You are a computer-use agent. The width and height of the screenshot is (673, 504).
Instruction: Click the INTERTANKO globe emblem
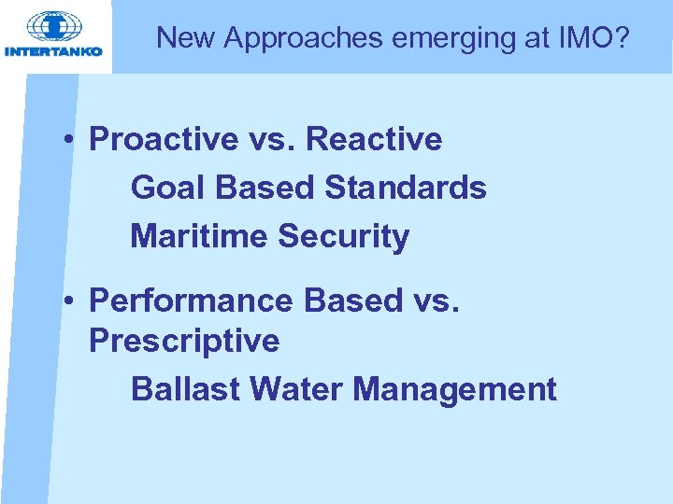click(54, 26)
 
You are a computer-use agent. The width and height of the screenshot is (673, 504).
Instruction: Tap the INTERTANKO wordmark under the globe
click(54, 51)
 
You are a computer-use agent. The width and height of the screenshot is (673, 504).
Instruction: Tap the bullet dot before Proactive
click(70, 140)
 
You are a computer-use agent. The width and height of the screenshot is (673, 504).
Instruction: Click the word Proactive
click(164, 140)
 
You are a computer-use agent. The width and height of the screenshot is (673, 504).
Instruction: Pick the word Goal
click(168, 188)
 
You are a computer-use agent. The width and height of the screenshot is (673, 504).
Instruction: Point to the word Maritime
click(199, 236)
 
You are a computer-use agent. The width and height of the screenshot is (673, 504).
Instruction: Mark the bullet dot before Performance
click(70, 301)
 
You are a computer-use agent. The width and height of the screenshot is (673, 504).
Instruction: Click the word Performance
click(191, 301)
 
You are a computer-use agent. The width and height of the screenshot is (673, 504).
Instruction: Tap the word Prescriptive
click(183, 341)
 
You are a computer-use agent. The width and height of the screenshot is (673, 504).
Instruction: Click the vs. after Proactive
click(272, 140)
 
